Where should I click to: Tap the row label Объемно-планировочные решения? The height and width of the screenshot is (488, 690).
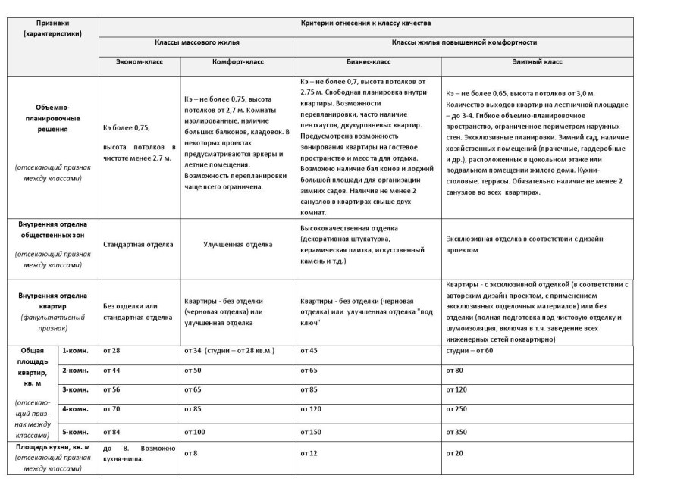[x=52, y=118]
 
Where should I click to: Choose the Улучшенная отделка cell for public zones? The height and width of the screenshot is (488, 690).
[x=237, y=245]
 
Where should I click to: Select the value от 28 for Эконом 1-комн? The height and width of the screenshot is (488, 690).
[x=112, y=352]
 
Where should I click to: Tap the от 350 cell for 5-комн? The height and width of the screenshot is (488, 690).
[x=457, y=432]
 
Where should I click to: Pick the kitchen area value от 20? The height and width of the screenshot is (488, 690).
[x=455, y=453]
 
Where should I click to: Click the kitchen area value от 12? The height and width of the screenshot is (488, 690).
[x=309, y=453]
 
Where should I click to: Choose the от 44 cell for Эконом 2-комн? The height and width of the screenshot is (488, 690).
[x=112, y=370]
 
